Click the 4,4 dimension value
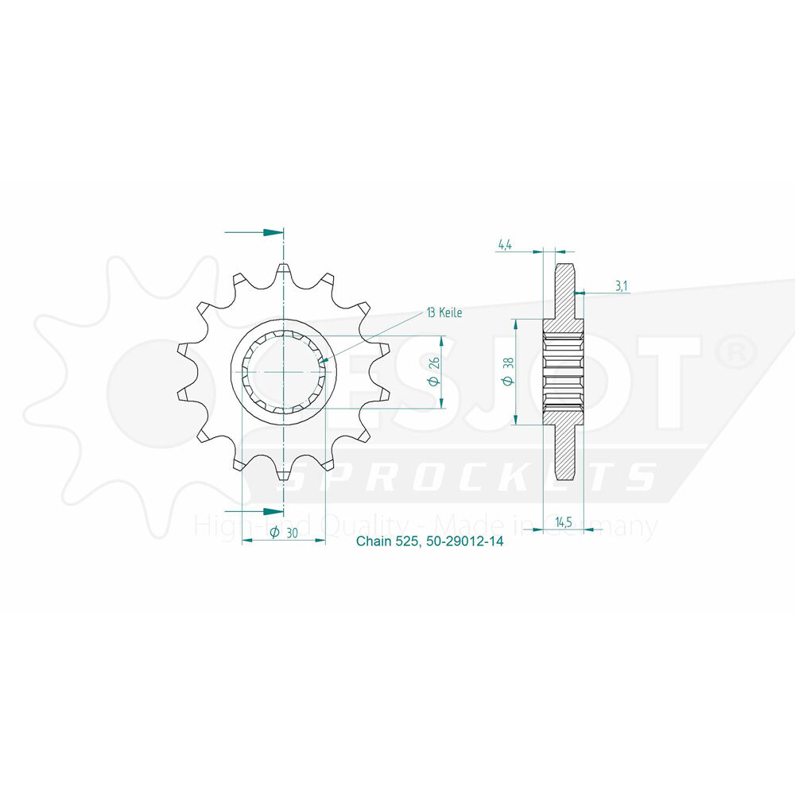click(505, 244)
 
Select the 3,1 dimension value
click(621, 286)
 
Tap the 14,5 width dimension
click(564, 522)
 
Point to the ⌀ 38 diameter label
click(509, 371)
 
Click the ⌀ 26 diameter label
click(434, 371)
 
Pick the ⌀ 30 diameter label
click(284, 533)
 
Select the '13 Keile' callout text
click(444, 312)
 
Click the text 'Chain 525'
click(387, 541)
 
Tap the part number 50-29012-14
click(464, 541)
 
